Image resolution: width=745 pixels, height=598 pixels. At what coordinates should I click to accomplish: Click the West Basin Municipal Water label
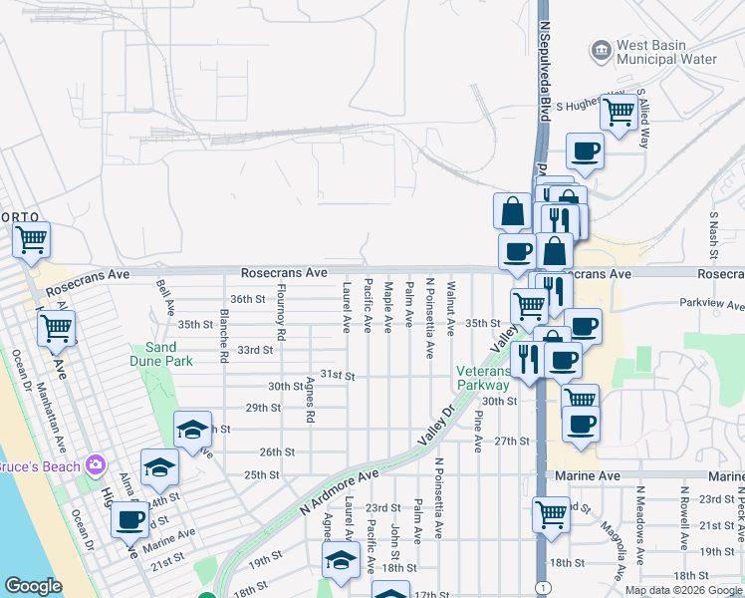[x=666, y=52]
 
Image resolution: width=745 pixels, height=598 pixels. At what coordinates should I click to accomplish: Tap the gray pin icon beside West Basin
[x=601, y=49]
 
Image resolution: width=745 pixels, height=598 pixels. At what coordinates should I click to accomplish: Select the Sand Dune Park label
[x=161, y=354]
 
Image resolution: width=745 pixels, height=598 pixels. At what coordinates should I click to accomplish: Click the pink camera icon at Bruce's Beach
[x=95, y=464]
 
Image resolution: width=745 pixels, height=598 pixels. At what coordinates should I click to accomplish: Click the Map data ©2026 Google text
[x=683, y=590]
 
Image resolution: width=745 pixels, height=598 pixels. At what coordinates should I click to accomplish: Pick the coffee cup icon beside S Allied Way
[x=585, y=150]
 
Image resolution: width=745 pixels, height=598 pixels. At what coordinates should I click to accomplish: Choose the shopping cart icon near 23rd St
[x=551, y=513]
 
